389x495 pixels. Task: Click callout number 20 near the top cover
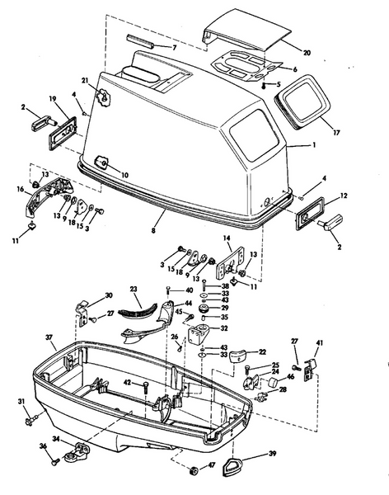click(x=307, y=53)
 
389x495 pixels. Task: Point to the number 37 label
click(x=49, y=337)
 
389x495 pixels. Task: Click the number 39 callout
click(x=273, y=454)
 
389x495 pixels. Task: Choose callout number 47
click(x=210, y=466)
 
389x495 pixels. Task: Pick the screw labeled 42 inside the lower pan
click(x=145, y=384)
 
